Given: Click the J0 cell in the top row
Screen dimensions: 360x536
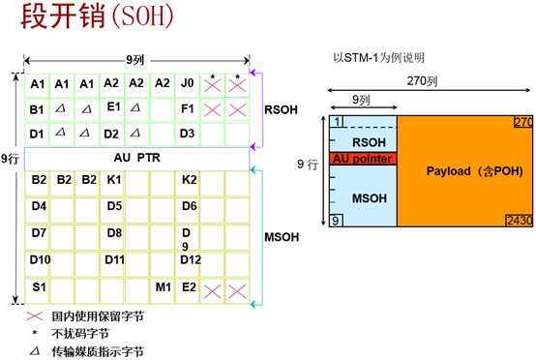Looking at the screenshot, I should click(187, 84).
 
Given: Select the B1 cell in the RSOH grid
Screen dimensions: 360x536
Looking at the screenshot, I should click(38, 108).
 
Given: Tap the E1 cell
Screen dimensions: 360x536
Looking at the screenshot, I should click(113, 107).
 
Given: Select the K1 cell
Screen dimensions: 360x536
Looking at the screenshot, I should click(113, 180).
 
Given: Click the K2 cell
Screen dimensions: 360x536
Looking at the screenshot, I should click(189, 180).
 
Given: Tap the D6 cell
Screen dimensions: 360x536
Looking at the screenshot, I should click(189, 206).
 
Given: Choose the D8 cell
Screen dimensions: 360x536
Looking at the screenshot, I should click(114, 233).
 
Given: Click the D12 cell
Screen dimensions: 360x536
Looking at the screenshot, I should click(190, 260).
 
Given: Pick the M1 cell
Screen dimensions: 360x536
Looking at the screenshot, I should click(163, 287).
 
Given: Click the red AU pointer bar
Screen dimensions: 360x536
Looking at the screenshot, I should click(363, 158).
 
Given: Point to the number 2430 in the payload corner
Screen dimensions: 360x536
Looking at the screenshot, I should click(519, 222).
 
